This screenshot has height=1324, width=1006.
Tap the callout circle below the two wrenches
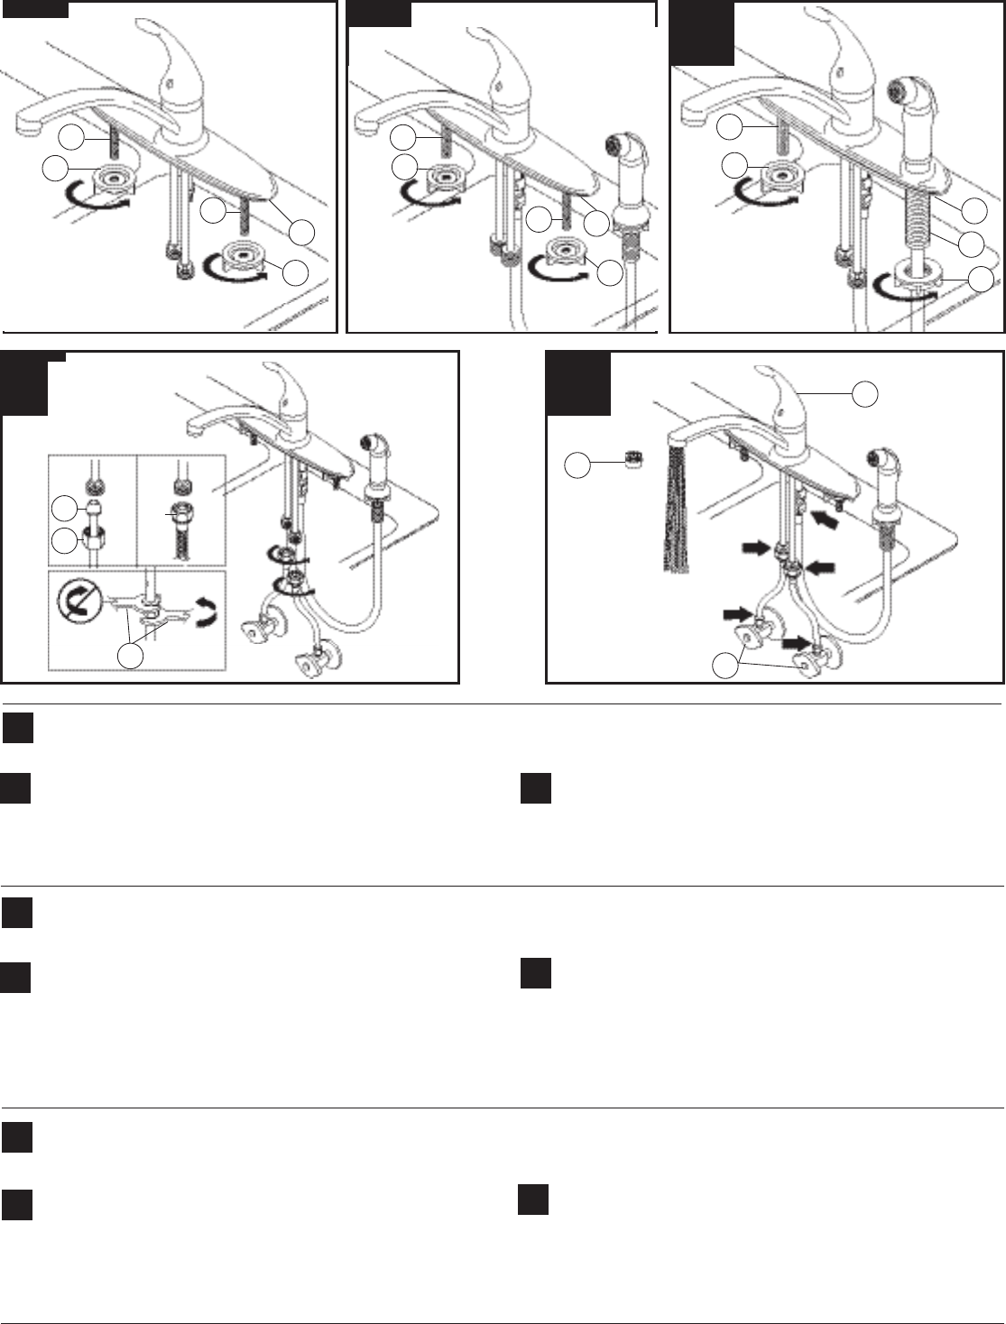pyautogui.click(x=131, y=656)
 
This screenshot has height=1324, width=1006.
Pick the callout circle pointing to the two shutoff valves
pyautogui.click(x=725, y=666)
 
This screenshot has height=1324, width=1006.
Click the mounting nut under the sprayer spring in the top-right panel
pyautogui.click(x=918, y=276)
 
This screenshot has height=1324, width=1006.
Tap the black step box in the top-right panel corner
pyautogui.click(x=701, y=33)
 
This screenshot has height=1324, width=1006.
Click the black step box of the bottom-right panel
pyautogui.click(x=578, y=383)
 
